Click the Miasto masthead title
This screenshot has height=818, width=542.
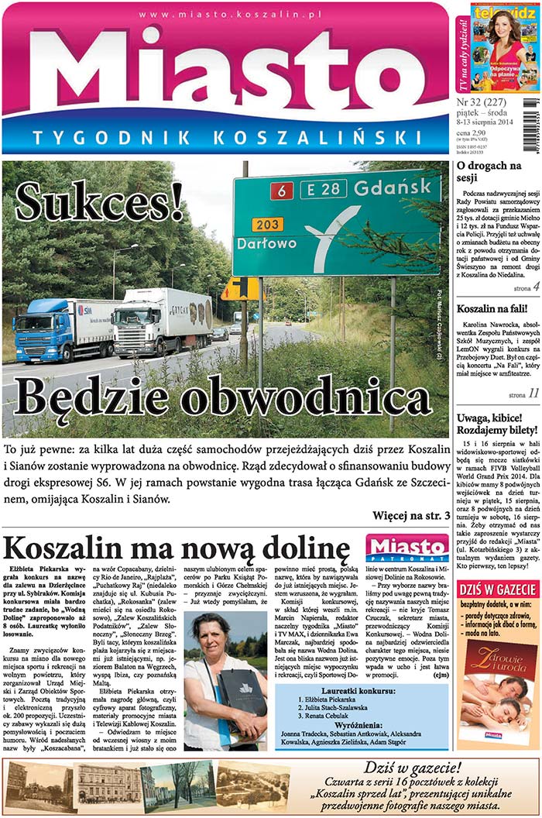(x=228, y=77)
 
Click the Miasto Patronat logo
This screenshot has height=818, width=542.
(x=407, y=547)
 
